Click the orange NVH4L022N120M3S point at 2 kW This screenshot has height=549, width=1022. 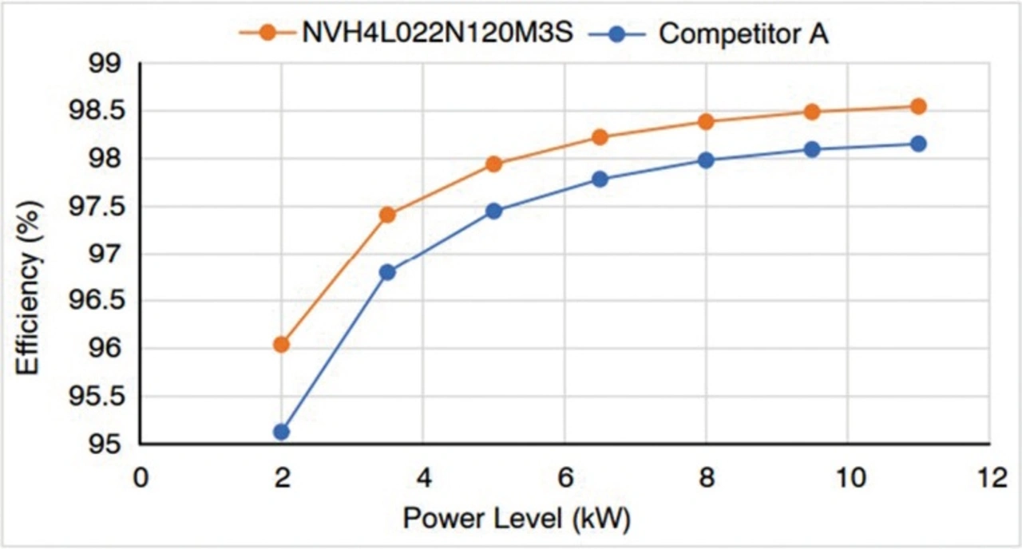click(x=281, y=345)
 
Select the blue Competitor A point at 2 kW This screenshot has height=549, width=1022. click(x=281, y=432)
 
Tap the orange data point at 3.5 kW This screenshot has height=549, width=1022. click(x=387, y=215)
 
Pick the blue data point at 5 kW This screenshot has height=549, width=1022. click(x=493, y=211)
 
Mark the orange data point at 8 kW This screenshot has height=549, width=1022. click(x=706, y=122)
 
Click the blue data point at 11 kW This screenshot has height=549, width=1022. click(x=918, y=144)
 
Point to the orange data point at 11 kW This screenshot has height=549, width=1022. click(x=918, y=106)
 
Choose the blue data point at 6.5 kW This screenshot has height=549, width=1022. click(x=600, y=180)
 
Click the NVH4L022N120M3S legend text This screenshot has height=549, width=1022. click(x=437, y=34)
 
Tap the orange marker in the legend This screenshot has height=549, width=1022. click(x=268, y=34)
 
